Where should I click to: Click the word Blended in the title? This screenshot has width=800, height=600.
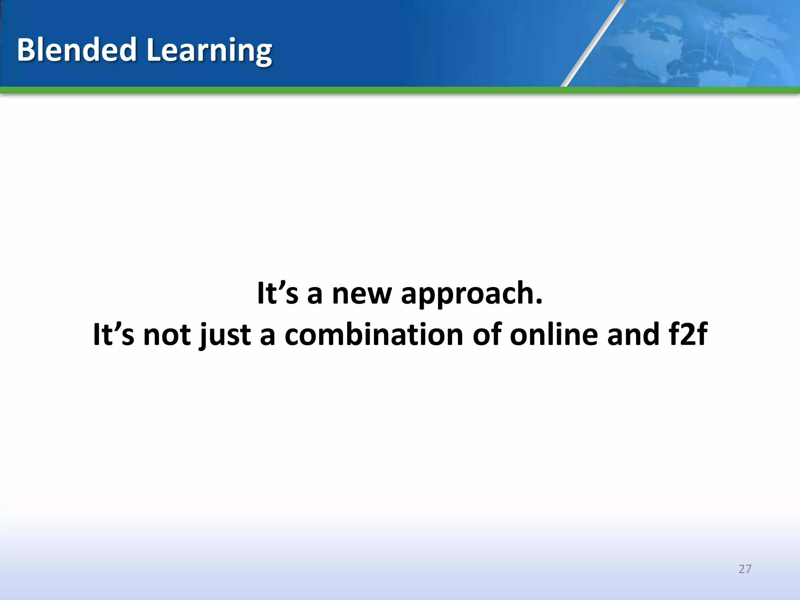(77, 50)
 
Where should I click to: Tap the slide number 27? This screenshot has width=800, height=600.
(745, 569)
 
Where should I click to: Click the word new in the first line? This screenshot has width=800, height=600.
(361, 294)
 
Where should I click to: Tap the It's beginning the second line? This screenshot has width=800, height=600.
(114, 335)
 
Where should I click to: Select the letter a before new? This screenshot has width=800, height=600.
(315, 295)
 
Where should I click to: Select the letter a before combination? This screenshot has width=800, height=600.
(268, 337)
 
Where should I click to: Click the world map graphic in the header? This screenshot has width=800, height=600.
(703, 43)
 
